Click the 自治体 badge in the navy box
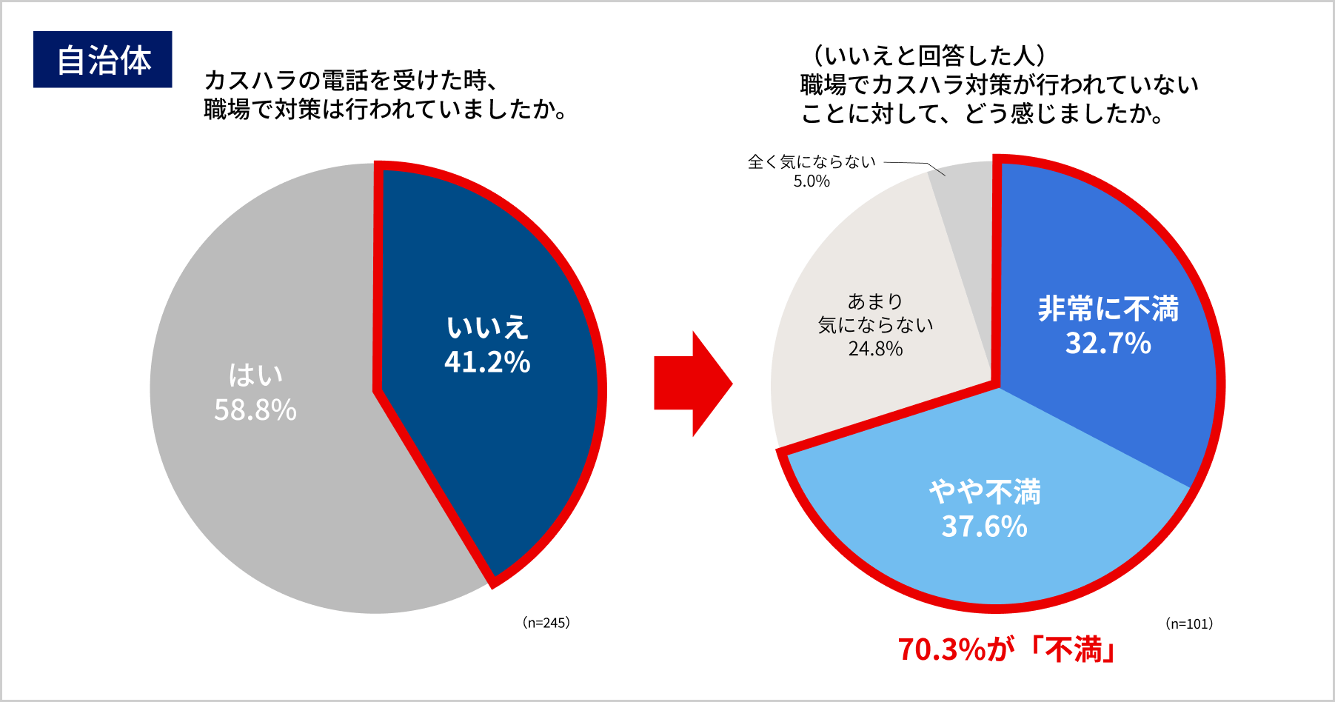[x=103, y=60]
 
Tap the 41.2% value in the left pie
[x=487, y=362]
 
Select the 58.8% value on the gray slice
[x=255, y=409]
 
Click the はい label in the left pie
[x=255, y=375]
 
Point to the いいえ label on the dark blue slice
[x=487, y=327]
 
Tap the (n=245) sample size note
[x=546, y=623]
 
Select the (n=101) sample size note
[x=1189, y=624]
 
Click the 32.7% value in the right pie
[x=1108, y=343]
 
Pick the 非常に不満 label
[x=1108, y=309]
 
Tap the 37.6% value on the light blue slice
[x=984, y=526]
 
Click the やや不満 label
[x=984, y=492]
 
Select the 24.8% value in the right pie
[x=875, y=349]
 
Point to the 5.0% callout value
[x=812, y=181]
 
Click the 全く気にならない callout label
[x=812, y=161]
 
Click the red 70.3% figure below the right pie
[x=942, y=649]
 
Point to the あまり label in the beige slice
[x=875, y=301]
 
